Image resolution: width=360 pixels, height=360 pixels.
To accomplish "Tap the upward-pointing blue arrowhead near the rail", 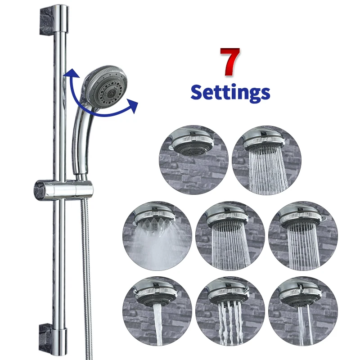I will [68, 74].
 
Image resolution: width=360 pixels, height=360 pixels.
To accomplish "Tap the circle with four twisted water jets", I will [230, 311].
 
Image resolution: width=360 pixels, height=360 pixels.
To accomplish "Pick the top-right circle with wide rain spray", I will [267, 160].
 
